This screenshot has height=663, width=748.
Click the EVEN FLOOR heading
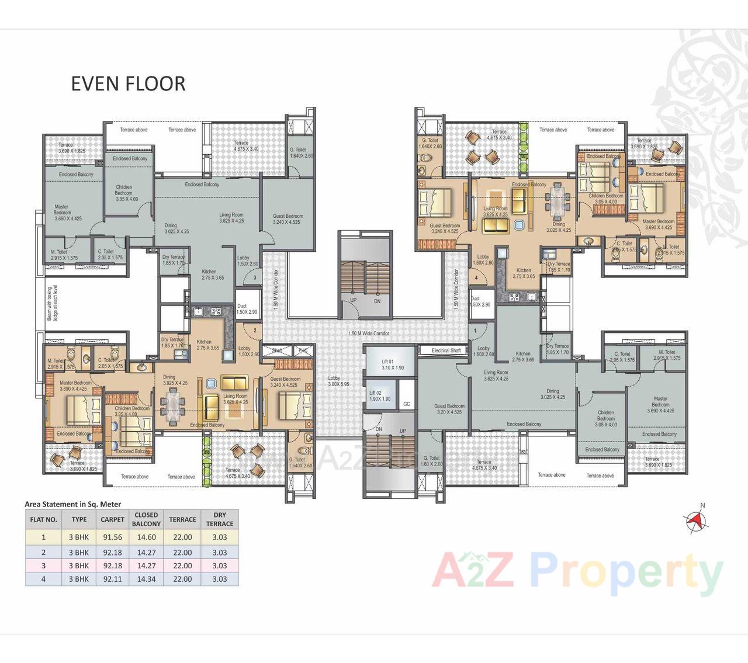[128, 84]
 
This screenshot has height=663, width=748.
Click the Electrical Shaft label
[446, 350]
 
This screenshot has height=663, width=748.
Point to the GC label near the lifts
[407, 404]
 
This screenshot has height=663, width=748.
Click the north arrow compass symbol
[697, 519]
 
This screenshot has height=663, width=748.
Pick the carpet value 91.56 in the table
[112, 537]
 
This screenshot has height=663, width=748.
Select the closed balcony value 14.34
[146, 579]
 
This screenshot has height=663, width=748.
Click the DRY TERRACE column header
[219, 519]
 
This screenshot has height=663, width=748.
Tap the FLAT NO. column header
[43, 519]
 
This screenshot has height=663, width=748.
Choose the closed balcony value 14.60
[146, 537]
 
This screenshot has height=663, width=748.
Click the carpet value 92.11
[112, 579]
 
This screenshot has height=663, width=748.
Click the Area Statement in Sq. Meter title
[73, 504]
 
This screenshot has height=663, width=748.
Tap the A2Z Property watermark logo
[577, 572]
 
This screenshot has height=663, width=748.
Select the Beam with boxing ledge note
[53, 303]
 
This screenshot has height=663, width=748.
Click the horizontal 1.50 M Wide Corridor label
[368, 334]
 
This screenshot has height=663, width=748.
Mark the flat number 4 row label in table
[43, 579]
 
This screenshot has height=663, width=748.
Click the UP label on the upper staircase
[353, 300]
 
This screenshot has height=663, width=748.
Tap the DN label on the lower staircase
[379, 429]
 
